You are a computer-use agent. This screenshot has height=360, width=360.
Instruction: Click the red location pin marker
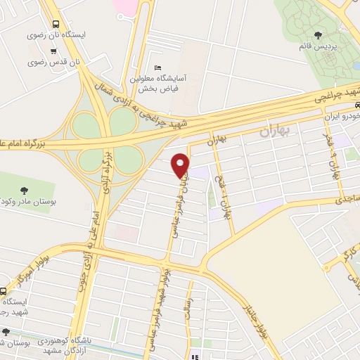[x=181, y=165]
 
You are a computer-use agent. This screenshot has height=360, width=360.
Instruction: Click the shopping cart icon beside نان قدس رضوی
[x=54, y=51]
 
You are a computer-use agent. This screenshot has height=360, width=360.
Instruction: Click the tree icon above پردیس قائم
[x=320, y=34]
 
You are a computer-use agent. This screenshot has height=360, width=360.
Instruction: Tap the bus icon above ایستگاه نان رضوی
[x=56, y=22]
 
